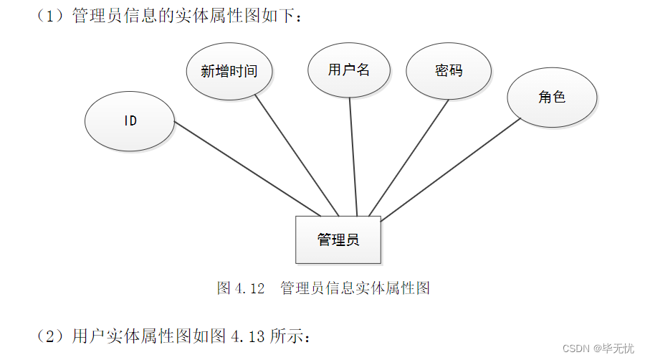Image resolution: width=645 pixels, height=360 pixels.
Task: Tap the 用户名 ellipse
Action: [x=349, y=70]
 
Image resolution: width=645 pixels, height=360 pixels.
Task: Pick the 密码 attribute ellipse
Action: [x=449, y=70]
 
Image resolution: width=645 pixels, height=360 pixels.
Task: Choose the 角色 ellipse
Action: [x=552, y=97]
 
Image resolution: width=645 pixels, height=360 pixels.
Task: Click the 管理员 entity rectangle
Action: [x=338, y=240]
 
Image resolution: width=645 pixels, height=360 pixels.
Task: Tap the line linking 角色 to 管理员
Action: [x=451, y=169]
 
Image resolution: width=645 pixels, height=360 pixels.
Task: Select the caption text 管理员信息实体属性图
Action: [x=355, y=288]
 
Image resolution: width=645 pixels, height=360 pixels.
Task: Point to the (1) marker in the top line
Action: [x=50, y=16]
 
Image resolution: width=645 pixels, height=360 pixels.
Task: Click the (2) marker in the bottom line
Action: [x=50, y=335]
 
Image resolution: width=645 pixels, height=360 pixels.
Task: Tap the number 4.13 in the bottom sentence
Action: [x=248, y=335]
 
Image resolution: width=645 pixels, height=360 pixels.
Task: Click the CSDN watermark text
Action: [x=575, y=349]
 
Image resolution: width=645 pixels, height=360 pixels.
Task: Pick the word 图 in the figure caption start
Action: [x=223, y=288]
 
